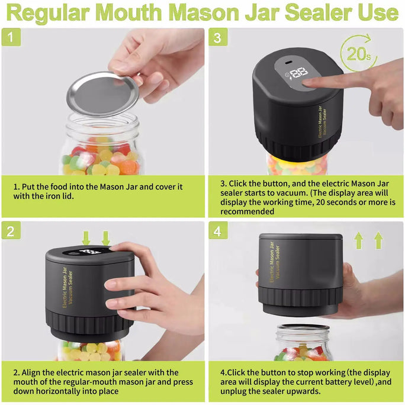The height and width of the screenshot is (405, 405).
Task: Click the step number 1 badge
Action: click(x=11, y=37)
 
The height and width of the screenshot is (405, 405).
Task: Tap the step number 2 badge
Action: click(x=11, y=231)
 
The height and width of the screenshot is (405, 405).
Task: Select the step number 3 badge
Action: click(x=217, y=37)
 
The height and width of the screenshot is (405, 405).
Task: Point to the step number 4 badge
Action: click(x=217, y=231)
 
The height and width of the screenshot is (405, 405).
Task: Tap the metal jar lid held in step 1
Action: click(x=102, y=94)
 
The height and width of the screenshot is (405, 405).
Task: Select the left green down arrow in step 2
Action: click(x=86, y=238)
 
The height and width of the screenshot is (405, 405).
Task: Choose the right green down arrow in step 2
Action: click(x=105, y=238)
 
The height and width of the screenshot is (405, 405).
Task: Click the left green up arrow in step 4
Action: click(x=358, y=241)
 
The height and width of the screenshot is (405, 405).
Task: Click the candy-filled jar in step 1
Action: click(x=101, y=151)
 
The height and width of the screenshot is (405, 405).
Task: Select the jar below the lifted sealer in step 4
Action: click(x=304, y=343)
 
